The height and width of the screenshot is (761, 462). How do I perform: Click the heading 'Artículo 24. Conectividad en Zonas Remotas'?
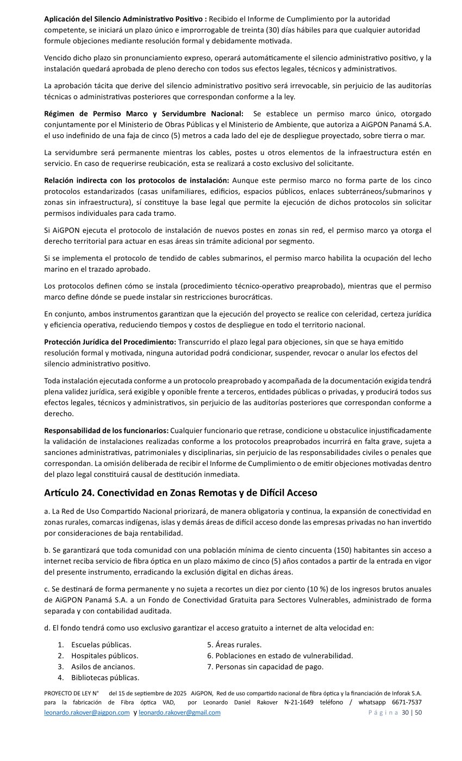pyautogui.click(x=180, y=493)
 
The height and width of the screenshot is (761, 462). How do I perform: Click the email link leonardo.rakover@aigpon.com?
pyautogui.click(x=87, y=713)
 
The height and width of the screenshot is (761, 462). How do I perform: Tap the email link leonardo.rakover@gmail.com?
pyautogui.click(x=179, y=713)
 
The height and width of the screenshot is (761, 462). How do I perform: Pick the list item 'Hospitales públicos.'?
pyautogui.click(x=104, y=656)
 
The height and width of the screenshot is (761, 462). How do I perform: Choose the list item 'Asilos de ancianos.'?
pyautogui.click(x=103, y=666)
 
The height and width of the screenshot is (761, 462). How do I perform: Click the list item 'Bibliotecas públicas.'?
pyautogui.click(x=105, y=677)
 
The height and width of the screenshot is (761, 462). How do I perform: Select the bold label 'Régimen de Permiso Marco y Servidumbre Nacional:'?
pyautogui.click(x=143, y=114)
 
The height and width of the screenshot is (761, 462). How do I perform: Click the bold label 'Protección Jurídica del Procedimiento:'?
pyautogui.click(x=110, y=341)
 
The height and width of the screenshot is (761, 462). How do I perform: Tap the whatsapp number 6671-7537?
pyautogui.click(x=407, y=702)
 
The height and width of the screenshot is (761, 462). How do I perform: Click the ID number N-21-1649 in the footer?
pyautogui.click(x=299, y=702)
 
